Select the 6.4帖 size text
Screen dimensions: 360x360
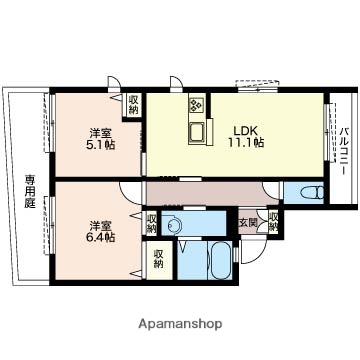(x=101, y=237)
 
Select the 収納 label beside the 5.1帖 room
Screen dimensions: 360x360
(x=134, y=104)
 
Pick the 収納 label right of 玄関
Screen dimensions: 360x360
(x=273, y=221)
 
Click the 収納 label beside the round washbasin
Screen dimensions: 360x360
(x=151, y=222)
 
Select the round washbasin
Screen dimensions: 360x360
(x=176, y=224)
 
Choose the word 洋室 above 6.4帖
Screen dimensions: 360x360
(x=101, y=224)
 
